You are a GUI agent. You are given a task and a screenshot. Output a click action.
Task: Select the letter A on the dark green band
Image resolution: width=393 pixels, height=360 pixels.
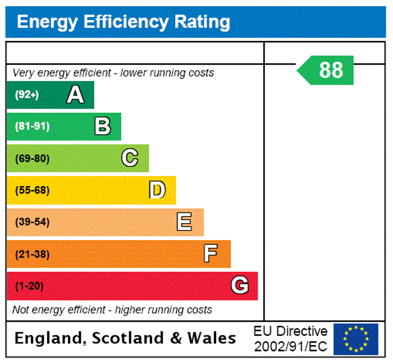[x=75, y=95]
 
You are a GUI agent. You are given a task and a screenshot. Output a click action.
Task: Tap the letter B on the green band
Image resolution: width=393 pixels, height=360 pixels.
[x=102, y=126]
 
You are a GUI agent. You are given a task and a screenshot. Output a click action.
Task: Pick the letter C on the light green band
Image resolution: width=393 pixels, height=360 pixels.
[x=130, y=158]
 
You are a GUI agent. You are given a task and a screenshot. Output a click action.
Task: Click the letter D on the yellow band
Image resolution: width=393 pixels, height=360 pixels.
[x=157, y=190]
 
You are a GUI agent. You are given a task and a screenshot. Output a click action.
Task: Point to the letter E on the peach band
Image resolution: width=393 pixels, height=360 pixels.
[x=184, y=222]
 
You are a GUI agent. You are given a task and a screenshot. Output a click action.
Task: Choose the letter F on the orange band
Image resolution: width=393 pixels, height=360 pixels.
[x=211, y=254]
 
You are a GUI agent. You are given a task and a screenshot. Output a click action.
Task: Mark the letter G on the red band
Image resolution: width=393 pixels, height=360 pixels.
[x=240, y=286]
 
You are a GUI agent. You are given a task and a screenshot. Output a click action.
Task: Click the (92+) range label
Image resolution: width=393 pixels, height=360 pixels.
[x=27, y=95]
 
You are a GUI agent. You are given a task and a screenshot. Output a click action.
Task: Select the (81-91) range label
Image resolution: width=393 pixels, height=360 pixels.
[x=32, y=126]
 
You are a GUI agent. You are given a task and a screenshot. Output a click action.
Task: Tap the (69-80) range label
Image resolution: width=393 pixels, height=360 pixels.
[x=32, y=158]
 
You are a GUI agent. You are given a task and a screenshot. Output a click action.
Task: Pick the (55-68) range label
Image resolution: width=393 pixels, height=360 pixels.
[x=32, y=190]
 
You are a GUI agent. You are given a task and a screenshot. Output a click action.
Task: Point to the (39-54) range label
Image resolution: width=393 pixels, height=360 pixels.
[x=32, y=222]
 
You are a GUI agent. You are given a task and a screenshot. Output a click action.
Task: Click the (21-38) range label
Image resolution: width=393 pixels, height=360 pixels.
[x=32, y=254]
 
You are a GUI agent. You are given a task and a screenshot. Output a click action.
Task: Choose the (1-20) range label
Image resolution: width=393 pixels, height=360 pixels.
[x=29, y=286]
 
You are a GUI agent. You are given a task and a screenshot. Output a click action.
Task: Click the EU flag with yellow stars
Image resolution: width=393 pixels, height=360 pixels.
[x=356, y=339]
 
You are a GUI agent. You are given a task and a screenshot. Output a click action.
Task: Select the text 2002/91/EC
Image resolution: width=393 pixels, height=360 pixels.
[x=290, y=346]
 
